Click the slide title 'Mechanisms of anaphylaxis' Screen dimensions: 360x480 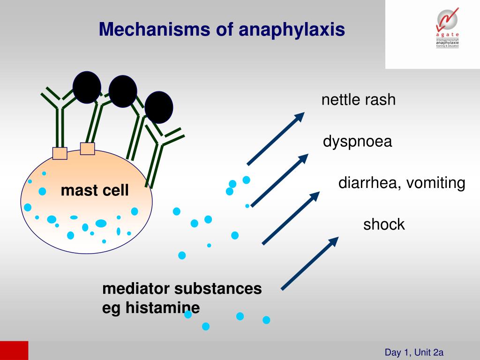click(x=222, y=30)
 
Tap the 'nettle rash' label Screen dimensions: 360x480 click(x=359, y=100)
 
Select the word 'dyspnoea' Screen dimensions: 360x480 click(x=357, y=142)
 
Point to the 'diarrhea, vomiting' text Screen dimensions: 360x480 click(x=402, y=183)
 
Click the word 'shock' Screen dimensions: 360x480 click(x=384, y=225)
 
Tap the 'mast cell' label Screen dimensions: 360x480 click(x=95, y=191)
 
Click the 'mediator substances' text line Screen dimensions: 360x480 click(x=182, y=288)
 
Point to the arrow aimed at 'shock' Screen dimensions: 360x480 click(x=309, y=263)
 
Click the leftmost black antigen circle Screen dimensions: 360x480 click(x=87, y=87)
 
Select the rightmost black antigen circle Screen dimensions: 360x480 click(x=159, y=107)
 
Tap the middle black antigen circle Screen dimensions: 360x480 click(x=123, y=91)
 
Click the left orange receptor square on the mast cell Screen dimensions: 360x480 click(x=60, y=153)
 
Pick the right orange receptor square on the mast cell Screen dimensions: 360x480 click(x=88, y=149)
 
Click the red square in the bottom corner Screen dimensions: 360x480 click(x=14, y=350)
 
